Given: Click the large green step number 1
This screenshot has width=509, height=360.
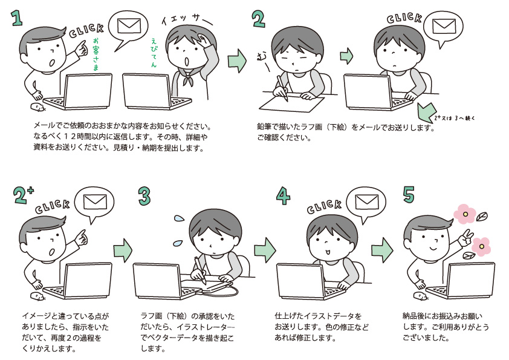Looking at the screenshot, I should tap(17, 18).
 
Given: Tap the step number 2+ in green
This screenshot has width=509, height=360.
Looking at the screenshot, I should tap(23, 195).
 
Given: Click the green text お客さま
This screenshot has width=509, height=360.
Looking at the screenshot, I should tap(96, 55).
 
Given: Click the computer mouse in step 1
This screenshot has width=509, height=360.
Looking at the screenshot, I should tap(37, 108).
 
